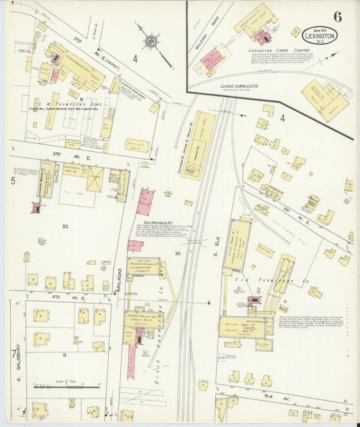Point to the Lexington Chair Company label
tap(256, 51)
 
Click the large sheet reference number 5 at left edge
tap(12, 181)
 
